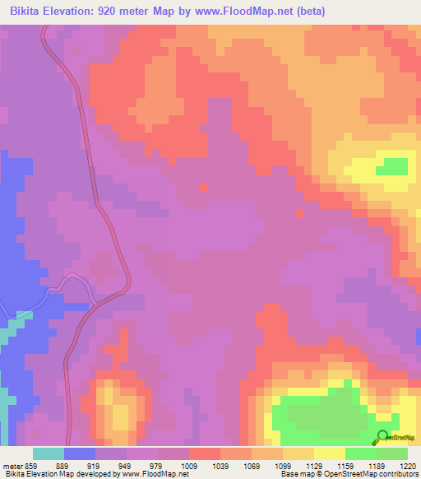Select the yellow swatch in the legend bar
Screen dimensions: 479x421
(x=329, y=453)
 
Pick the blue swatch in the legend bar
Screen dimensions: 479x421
(x=80, y=453)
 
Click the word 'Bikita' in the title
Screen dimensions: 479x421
(x=28, y=12)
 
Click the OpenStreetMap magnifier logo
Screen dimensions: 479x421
(x=381, y=436)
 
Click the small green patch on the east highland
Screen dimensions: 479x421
(x=391, y=166)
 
